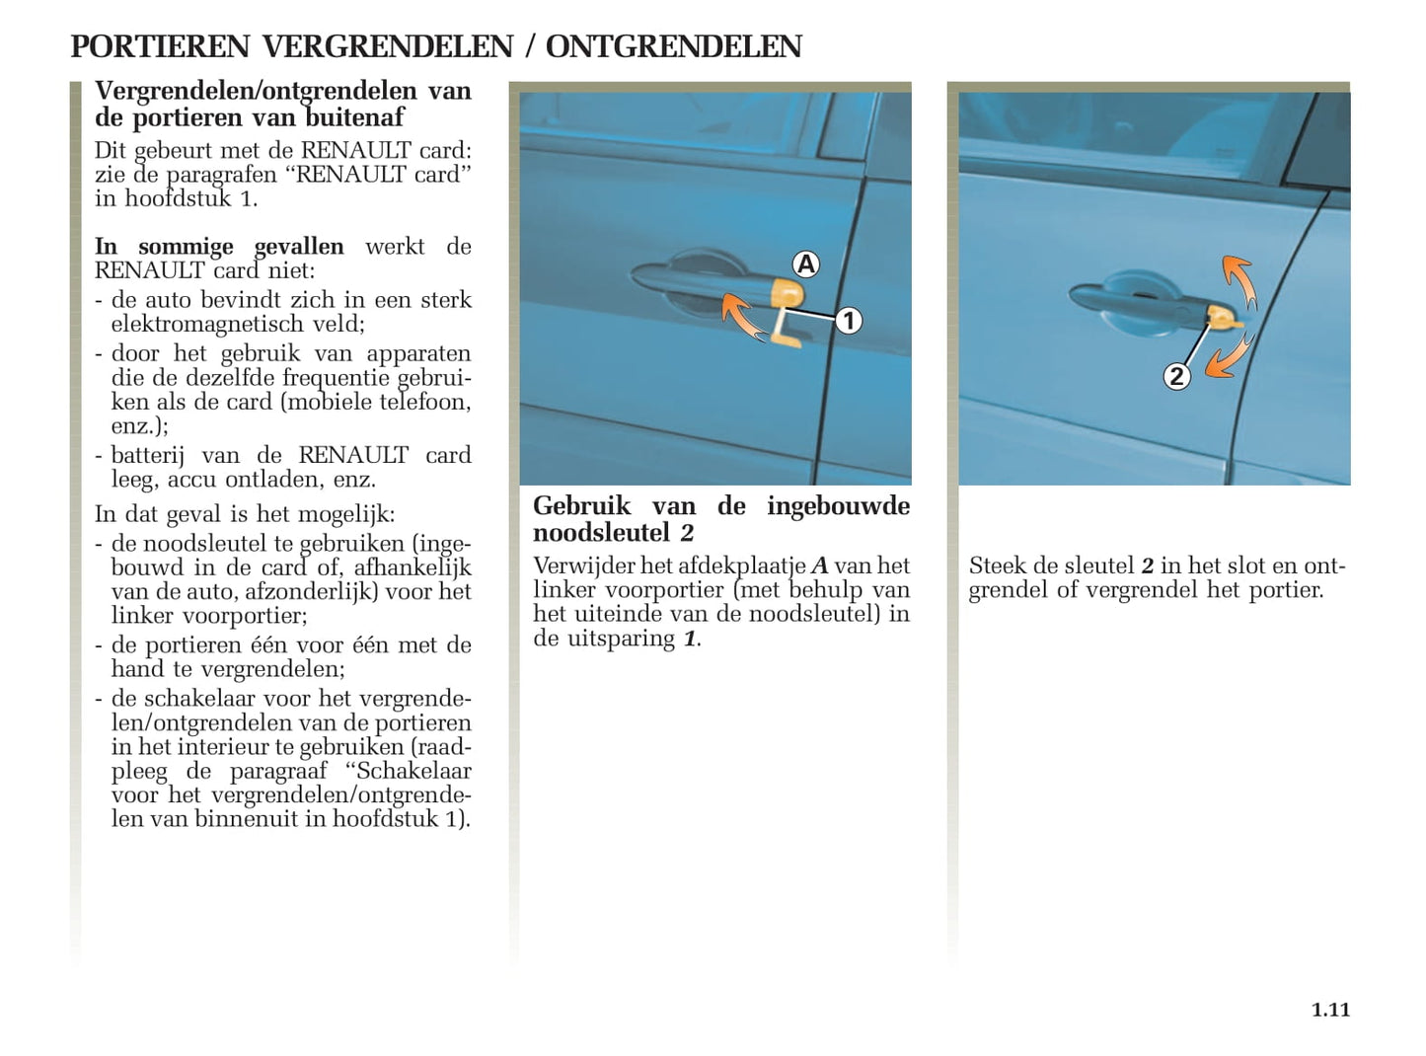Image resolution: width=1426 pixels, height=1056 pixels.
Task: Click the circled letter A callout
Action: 806,264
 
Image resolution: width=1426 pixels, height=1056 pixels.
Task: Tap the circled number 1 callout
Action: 848,321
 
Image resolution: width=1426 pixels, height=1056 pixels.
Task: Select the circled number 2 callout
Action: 1175,376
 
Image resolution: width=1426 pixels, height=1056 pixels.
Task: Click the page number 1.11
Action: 1330,1010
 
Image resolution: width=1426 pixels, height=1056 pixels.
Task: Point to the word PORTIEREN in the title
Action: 160,46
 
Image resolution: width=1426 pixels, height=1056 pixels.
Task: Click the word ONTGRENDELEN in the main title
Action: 673,46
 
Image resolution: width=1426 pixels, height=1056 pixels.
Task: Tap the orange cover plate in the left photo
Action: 787,293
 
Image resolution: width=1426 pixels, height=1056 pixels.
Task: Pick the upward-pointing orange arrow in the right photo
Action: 1239,280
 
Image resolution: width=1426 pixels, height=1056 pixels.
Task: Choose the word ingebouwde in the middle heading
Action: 838,506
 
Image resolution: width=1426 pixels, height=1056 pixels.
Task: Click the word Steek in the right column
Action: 998,566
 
